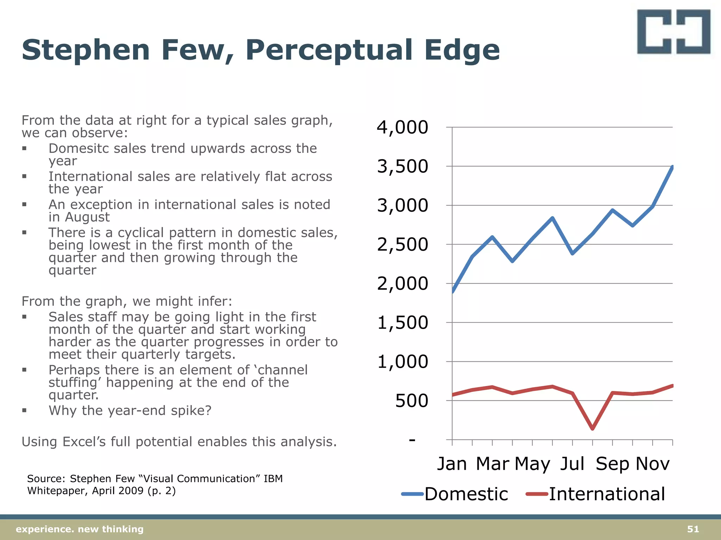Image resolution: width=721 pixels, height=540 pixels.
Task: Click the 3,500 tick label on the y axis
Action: point(402,166)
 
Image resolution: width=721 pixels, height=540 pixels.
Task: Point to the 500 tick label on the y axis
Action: point(411,401)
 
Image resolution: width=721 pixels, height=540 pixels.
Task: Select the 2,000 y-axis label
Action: point(402,283)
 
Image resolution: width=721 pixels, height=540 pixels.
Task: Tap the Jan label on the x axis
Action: point(452,464)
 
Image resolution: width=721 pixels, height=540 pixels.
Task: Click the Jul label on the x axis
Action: point(572,464)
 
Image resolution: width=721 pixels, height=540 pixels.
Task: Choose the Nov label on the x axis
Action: point(652,464)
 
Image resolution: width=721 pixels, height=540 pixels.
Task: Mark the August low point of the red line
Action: point(593,429)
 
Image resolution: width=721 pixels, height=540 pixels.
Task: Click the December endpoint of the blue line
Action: point(672,167)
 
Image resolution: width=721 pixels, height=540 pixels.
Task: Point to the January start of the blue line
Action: point(453,291)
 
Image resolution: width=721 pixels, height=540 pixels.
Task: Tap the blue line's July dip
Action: point(572,253)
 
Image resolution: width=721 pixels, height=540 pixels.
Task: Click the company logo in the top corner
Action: point(673,32)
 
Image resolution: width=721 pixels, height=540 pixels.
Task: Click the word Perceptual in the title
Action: point(329,50)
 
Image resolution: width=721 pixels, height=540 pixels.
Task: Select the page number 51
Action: point(693,529)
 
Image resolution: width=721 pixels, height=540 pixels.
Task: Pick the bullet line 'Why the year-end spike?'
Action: point(130,411)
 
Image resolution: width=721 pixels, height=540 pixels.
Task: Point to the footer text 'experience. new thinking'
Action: point(80,529)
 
